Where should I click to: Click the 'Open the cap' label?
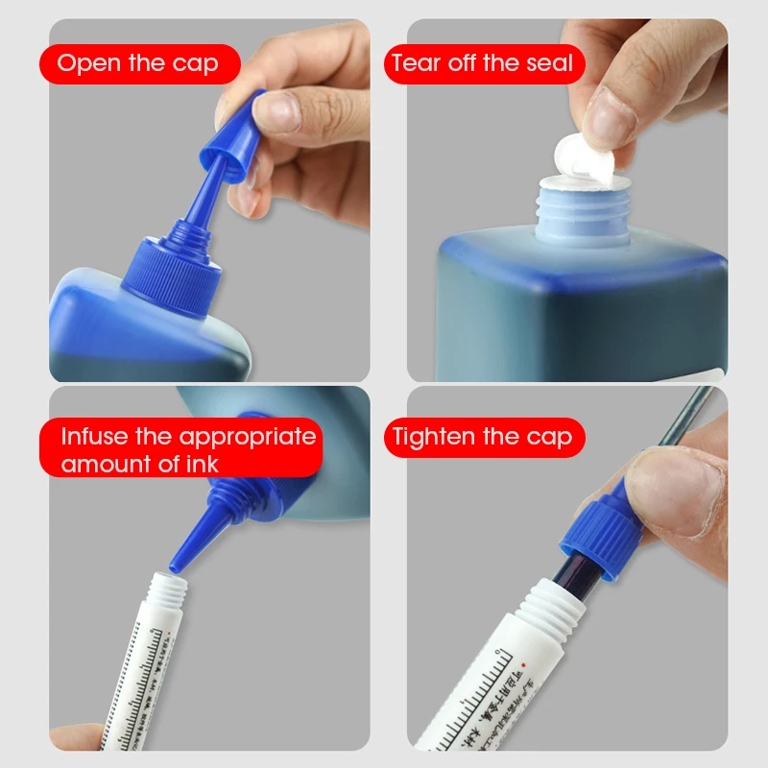pos(138,64)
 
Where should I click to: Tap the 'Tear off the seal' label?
pos(483,64)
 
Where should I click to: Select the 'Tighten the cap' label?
pos(483,438)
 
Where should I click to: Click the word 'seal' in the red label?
pos(549,64)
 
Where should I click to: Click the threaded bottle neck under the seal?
pos(576,214)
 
